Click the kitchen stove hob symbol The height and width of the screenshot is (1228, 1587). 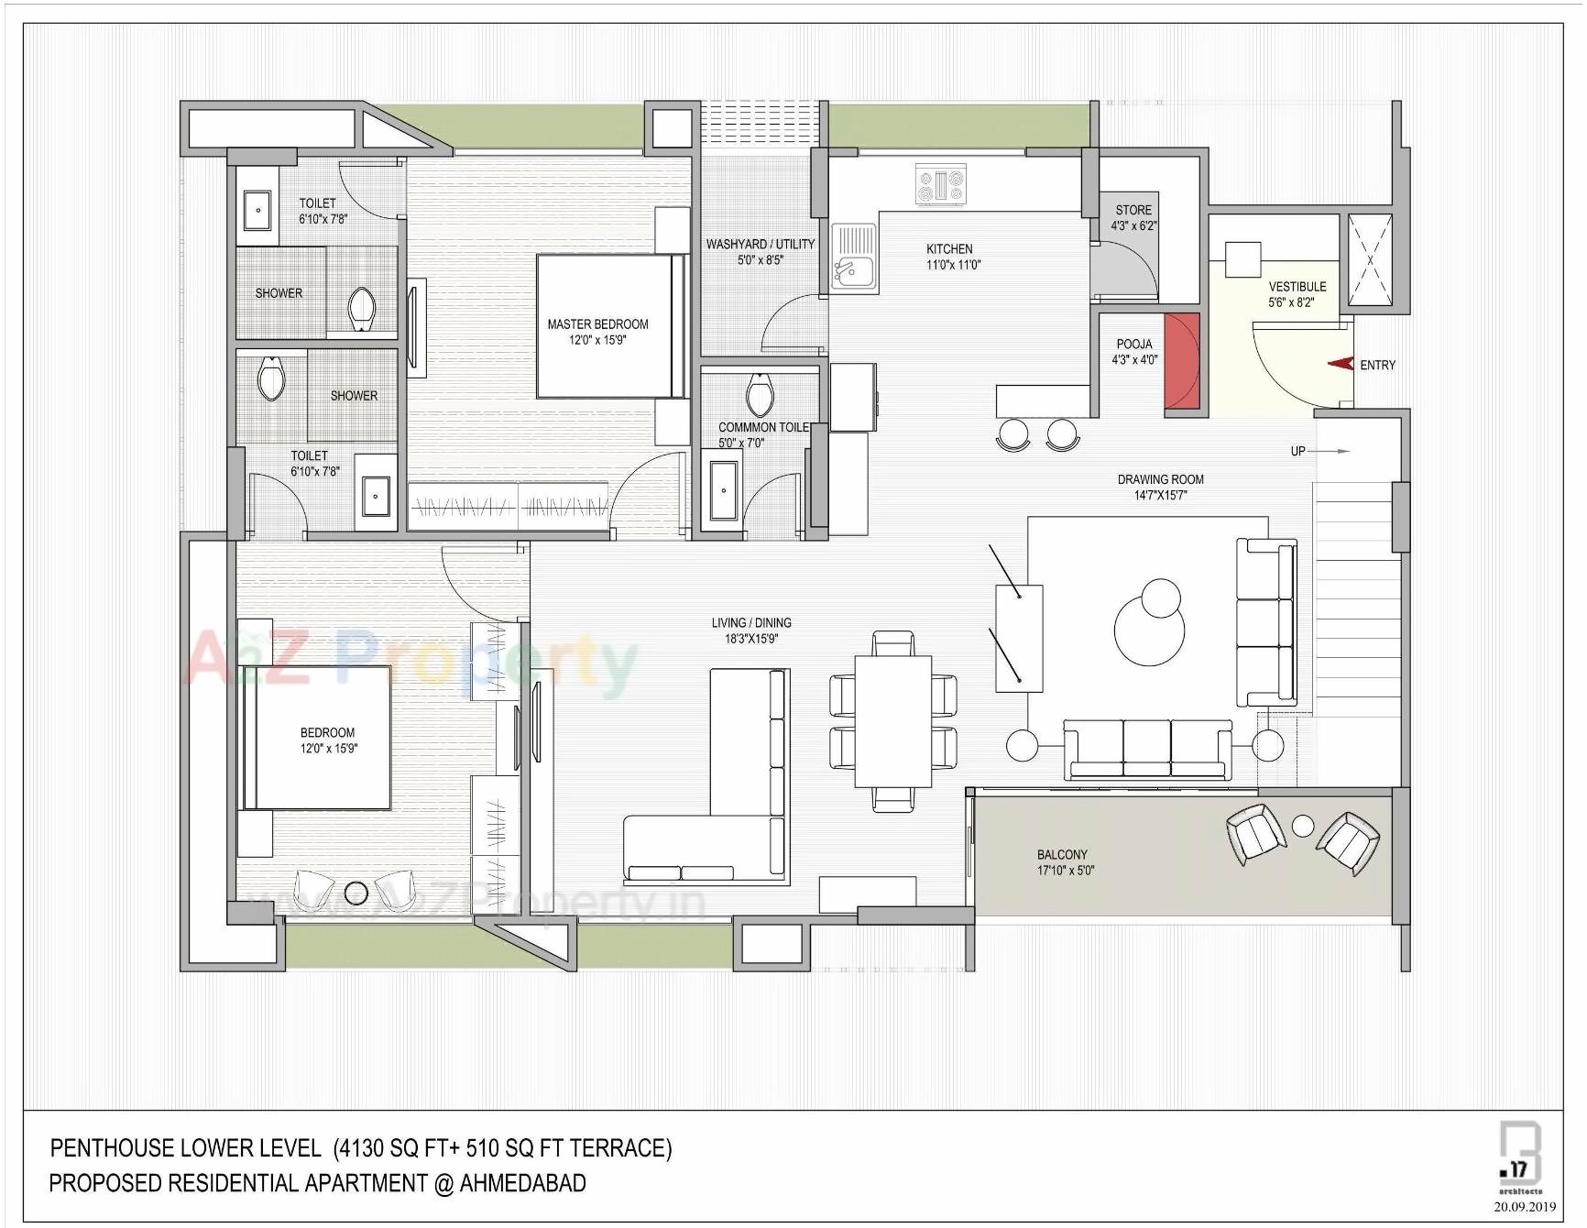pos(941,184)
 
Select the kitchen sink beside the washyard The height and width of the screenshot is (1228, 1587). pos(854,259)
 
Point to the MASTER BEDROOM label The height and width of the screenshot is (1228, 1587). pos(597,323)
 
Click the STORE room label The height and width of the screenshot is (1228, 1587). pos(1133,210)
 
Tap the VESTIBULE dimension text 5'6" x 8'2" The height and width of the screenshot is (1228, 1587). pos(1291,302)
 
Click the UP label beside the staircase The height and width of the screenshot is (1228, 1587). pos(1297,451)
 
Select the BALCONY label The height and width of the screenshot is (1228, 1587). pos(1062,854)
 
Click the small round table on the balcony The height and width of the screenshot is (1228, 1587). pos(1302,826)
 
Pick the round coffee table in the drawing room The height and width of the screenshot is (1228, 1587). pos(1149,629)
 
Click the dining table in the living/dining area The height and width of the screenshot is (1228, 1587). pos(893,721)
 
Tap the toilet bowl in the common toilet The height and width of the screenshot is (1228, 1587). pos(760,395)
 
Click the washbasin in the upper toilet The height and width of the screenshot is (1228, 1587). pos(257,210)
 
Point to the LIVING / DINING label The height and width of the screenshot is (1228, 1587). pos(751,622)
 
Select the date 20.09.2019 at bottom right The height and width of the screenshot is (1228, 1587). pos(1525,1207)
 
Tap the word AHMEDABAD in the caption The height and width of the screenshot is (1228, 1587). pos(522,1183)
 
